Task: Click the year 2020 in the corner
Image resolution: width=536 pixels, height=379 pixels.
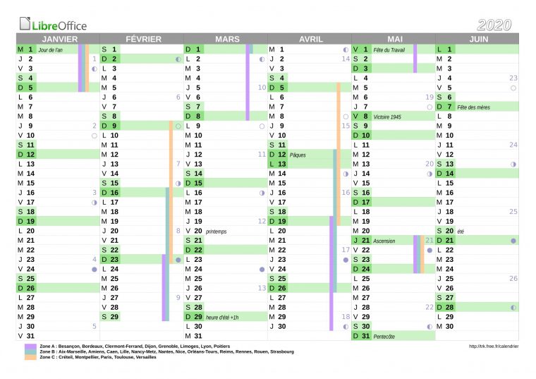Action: pos(494,25)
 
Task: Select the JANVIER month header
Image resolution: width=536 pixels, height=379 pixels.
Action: pos(59,40)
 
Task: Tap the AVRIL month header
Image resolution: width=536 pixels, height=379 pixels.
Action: pos(310,40)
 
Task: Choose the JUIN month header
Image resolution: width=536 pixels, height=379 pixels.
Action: pos(478,40)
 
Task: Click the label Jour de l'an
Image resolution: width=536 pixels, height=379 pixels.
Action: pos(51,50)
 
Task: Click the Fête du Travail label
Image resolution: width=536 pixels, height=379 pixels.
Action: pos(389,50)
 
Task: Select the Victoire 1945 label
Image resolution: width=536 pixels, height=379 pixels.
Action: pos(387,116)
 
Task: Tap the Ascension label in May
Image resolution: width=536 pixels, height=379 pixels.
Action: pos(384,241)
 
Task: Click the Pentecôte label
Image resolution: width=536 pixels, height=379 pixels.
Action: pos(384,336)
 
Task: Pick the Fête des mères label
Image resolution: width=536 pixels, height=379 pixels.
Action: pos(473,107)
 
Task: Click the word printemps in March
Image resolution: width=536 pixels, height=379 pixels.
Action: pos(217,231)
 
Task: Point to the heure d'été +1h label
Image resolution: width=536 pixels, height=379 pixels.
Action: pos(222,317)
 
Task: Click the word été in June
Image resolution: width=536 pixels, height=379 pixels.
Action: pos(461,231)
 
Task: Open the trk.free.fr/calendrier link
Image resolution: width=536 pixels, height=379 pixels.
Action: pos(493,347)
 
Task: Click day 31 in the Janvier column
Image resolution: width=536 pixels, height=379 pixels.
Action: pos(30,336)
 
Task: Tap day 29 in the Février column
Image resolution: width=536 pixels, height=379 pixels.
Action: pos(114,317)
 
